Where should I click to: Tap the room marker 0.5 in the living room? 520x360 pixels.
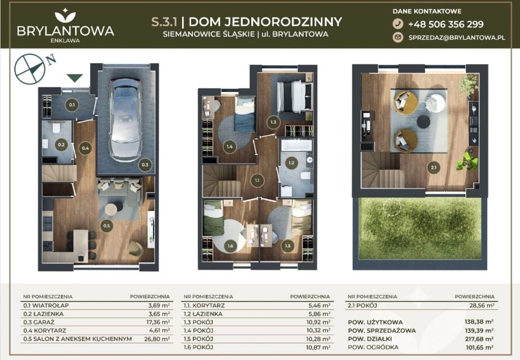tap(106, 226)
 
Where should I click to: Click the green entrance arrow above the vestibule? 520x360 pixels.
tap(75, 78)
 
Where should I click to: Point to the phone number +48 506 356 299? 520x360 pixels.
tap(446, 24)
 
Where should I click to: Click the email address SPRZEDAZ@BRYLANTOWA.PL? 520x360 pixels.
tap(456, 38)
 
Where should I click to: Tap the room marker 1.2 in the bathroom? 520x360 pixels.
tap(291, 163)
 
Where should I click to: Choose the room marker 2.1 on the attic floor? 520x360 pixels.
tap(433, 168)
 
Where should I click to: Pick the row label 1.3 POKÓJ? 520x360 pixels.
tap(198, 322)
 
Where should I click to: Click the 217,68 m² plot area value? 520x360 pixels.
tap(479, 339)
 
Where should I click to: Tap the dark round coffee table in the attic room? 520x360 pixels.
tap(423, 121)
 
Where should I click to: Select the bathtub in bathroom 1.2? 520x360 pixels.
tap(297, 145)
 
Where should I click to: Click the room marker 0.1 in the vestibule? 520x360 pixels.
tap(71, 105)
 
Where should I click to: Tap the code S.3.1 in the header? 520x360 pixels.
tap(164, 22)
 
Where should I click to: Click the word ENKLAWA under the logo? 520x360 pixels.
tap(65, 40)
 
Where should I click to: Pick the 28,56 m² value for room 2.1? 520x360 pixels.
tap(482, 305)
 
